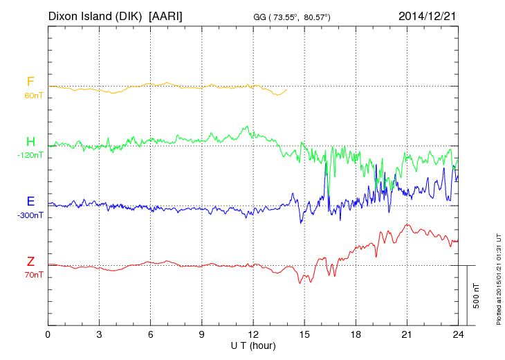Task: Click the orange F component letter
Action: pyautogui.click(x=30, y=82)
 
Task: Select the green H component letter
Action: pyautogui.click(x=30, y=142)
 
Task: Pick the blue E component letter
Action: pyautogui.click(x=30, y=201)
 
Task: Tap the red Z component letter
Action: pyautogui.click(x=30, y=261)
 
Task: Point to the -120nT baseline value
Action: pyautogui.click(x=30, y=155)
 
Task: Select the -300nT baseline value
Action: pyautogui.click(x=30, y=215)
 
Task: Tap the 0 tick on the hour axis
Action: pyautogui.click(x=48, y=335)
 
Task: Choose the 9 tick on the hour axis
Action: pyautogui.click(x=202, y=335)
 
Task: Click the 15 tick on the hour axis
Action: pyautogui.click(x=304, y=335)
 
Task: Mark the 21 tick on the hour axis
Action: pyautogui.click(x=407, y=335)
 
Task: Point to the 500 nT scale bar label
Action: pyautogui.click(x=477, y=295)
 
